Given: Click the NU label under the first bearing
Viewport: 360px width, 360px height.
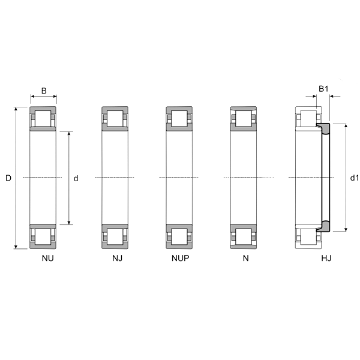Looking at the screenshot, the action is tap(48, 258).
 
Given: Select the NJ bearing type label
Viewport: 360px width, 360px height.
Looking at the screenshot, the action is tap(118, 258).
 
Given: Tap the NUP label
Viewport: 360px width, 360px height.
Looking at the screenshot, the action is tap(181, 258).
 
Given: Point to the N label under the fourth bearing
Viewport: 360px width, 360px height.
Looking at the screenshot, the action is tap(245, 258).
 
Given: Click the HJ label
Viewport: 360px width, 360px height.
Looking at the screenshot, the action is tap(326, 258).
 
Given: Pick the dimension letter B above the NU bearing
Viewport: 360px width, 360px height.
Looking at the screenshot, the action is tap(44, 91).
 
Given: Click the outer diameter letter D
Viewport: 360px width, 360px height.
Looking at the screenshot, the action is tap(8, 178).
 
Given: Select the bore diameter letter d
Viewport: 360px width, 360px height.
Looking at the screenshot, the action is tap(76, 178).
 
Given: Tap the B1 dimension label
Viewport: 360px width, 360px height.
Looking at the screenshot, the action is tap(323, 89).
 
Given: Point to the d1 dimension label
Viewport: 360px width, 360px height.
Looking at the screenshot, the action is tap(354, 178).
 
